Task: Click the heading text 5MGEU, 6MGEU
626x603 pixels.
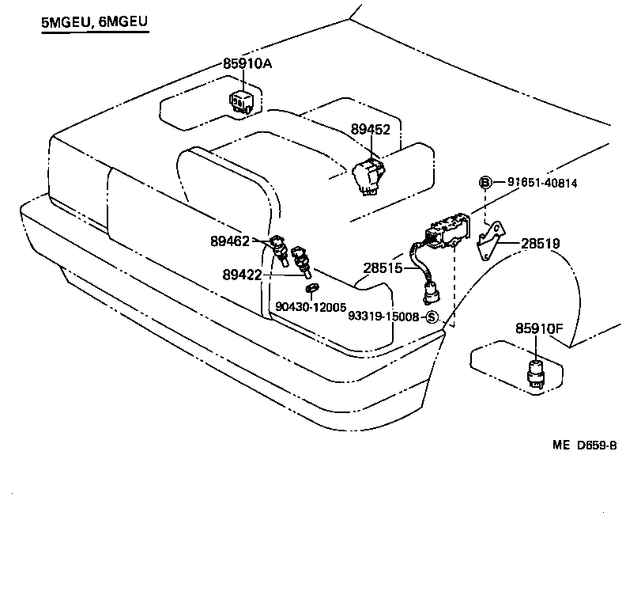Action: (94, 24)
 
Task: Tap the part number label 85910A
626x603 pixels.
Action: (247, 63)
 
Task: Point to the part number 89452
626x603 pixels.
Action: (371, 129)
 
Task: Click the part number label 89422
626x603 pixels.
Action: (242, 275)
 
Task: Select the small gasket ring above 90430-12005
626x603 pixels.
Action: (312, 287)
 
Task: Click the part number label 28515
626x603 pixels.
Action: (383, 268)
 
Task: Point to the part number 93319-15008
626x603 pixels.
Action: (383, 317)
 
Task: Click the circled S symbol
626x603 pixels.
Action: (432, 317)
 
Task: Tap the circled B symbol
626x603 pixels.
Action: (485, 183)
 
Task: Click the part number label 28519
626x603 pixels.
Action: (541, 244)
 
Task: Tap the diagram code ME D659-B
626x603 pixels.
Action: (584, 446)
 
